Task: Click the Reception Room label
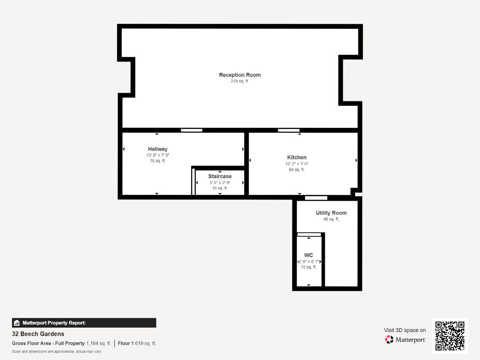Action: point(240,75)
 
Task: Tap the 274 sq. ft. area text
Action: point(240,81)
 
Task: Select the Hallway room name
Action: point(157,149)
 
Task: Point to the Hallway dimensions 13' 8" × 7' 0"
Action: point(157,155)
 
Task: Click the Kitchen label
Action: point(297,157)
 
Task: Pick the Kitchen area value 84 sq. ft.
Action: point(297,170)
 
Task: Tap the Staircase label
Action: point(220,176)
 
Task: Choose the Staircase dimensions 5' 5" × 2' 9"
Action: point(220,183)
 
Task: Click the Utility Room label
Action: point(331,213)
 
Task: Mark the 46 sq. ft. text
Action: point(331,219)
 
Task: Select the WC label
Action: point(309,255)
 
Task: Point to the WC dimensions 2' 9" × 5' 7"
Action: point(309,261)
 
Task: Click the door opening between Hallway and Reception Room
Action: point(192,130)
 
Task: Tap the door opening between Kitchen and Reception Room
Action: point(288,130)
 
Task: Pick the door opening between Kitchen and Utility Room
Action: point(316,198)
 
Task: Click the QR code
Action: point(450,336)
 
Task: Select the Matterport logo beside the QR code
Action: point(405,340)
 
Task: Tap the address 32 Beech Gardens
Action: point(38,334)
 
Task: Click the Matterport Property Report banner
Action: point(84,323)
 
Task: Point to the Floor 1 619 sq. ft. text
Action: point(137,343)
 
